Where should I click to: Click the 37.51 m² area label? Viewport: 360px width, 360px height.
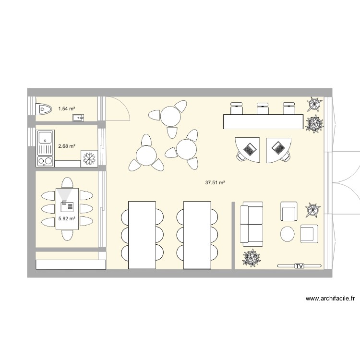click(x=215, y=182)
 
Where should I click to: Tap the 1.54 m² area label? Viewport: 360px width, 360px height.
click(x=66, y=109)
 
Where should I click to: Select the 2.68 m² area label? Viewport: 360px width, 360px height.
click(x=66, y=146)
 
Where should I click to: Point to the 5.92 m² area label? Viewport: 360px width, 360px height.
click(x=66, y=218)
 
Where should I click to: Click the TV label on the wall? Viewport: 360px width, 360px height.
click(x=300, y=265)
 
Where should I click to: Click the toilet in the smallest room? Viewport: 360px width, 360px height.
click(x=44, y=109)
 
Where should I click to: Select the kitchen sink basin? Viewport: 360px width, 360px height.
click(x=46, y=138)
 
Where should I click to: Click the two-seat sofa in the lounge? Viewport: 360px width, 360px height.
click(x=252, y=223)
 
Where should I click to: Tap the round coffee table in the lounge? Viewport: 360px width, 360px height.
click(x=288, y=234)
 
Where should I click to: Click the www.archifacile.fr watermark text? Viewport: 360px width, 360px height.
click(x=330, y=299)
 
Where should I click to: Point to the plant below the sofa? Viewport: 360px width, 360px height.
click(x=252, y=258)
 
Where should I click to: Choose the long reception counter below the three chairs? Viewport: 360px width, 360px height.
click(x=263, y=121)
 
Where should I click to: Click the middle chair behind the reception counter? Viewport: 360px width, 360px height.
click(x=262, y=108)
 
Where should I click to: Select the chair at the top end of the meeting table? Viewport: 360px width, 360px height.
click(x=67, y=182)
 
